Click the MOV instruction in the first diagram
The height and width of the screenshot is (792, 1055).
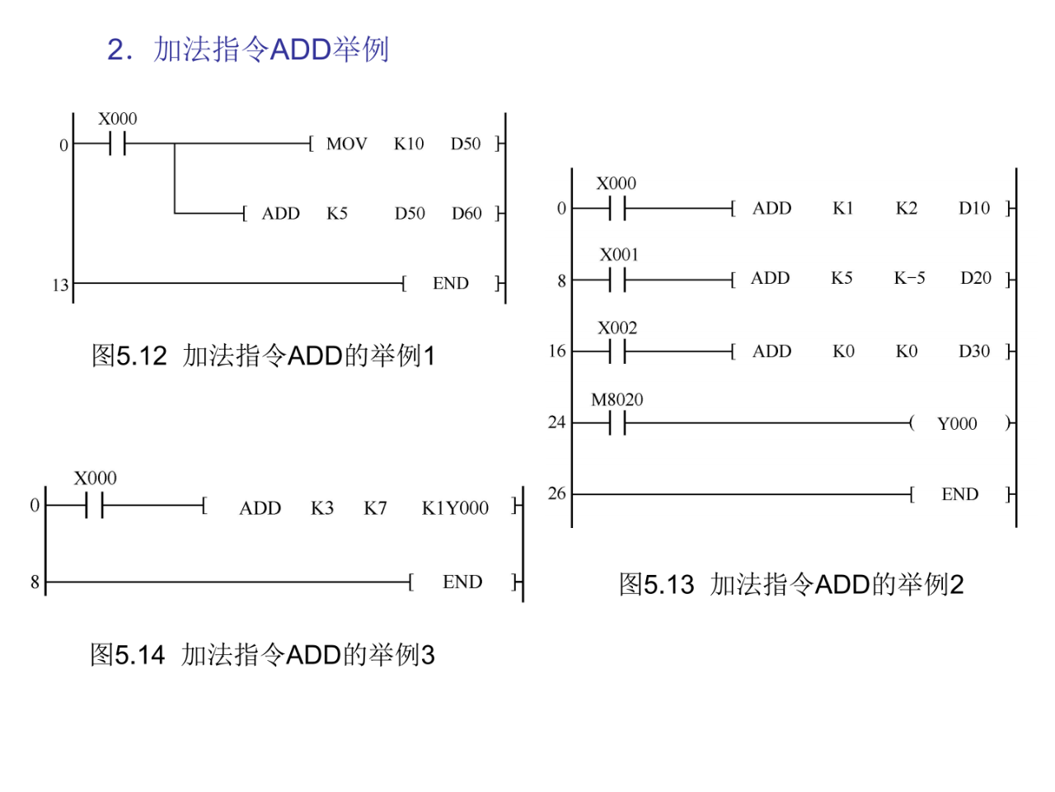tap(346, 144)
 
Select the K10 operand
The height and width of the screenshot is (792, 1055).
tap(409, 144)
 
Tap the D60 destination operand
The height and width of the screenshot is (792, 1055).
tap(467, 214)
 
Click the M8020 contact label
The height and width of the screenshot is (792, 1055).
tap(617, 400)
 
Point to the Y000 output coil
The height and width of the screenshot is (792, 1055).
tap(957, 424)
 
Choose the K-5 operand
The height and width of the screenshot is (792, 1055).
tap(909, 278)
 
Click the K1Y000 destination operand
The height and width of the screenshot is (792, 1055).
tap(455, 508)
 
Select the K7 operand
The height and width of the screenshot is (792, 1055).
tap(375, 508)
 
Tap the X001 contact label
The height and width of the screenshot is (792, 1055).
tap(619, 255)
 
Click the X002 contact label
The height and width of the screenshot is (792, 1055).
tap(617, 328)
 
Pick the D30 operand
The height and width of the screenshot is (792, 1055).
tap(974, 351)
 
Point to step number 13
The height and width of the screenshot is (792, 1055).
tap(60, 285)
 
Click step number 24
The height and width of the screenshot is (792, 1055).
tap(557, 422)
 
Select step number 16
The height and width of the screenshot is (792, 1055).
tap(557, 351)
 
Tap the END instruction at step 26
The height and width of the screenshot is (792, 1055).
tap(960, 495)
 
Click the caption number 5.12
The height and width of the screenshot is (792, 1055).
tap(142, 356)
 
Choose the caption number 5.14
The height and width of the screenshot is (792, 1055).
tap(140, 655)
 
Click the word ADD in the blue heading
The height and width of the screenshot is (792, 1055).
tap(300, 49)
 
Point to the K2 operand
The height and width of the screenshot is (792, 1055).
tap(907, 209)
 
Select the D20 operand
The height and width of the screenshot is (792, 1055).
tap(976, 278)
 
